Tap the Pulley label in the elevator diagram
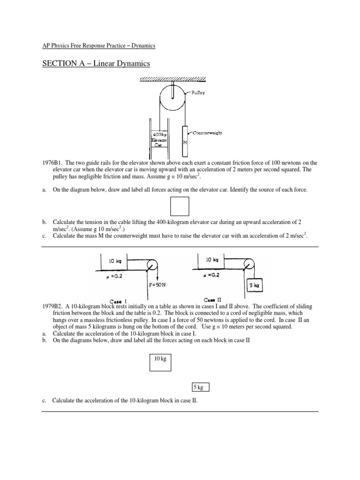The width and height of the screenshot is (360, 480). tap(198, 93)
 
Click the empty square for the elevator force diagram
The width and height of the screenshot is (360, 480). tap(180, 206)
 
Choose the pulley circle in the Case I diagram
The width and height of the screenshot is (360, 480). tap(151, 265)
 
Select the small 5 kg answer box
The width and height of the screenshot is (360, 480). tap(200, 387)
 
